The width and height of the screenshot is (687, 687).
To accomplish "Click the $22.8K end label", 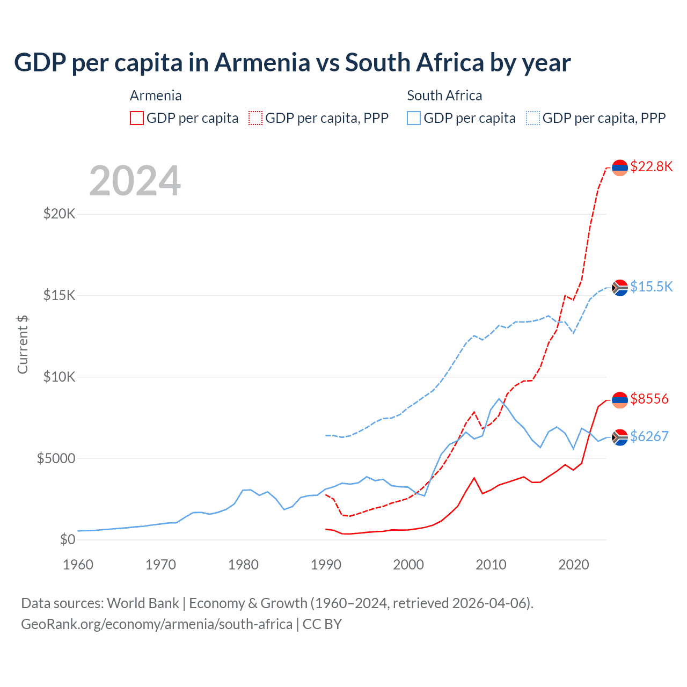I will coord(651,166).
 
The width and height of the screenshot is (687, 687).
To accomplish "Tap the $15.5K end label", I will coord(651,287).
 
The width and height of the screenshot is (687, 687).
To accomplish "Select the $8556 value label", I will coord(649,399).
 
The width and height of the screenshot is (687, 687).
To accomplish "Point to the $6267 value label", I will coord(649,436).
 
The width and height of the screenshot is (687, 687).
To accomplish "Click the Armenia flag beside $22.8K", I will coord(620,167).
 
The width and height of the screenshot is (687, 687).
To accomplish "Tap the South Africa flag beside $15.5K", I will coord(620,288).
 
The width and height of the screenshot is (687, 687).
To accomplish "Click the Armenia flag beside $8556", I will coord(620,400).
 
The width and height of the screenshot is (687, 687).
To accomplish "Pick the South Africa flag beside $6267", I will coord(620,437).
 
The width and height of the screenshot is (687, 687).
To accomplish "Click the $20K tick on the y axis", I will coord(60,214).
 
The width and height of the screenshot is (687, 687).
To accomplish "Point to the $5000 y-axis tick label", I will coord(56,458).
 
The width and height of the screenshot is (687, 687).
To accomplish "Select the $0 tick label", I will coord(67,539).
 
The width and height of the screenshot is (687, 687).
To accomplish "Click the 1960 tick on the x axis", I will coord(78,565).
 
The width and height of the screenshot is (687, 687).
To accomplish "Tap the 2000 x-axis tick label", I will coord(408,565).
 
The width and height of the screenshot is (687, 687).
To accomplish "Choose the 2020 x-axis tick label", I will coord(574,565).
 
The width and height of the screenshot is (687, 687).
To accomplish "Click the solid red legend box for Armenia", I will coord(137,118).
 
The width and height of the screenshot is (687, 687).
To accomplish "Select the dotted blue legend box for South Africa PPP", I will coord(533,118).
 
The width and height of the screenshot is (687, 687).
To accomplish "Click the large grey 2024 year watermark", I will coord(135,181).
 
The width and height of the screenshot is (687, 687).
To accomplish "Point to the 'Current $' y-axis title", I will coord(23,345).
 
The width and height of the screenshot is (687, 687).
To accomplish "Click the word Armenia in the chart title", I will coord(262,63).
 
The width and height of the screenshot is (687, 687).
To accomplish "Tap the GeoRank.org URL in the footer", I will coord(157,624).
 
